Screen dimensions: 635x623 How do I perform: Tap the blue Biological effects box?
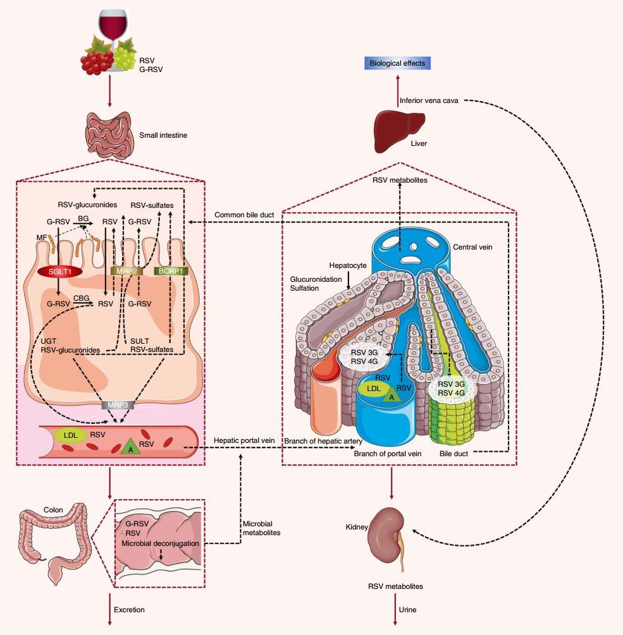(397, 63)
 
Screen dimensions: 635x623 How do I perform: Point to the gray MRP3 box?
(113, 405)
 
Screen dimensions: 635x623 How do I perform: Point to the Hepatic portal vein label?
(243, 440)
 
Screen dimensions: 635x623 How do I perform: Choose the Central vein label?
(472, 247)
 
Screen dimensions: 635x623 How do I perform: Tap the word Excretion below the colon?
(129, 610)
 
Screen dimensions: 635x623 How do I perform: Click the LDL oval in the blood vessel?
(66, 435)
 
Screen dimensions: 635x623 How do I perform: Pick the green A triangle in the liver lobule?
(392, 396)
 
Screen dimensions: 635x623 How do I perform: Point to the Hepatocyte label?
(347, 266)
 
